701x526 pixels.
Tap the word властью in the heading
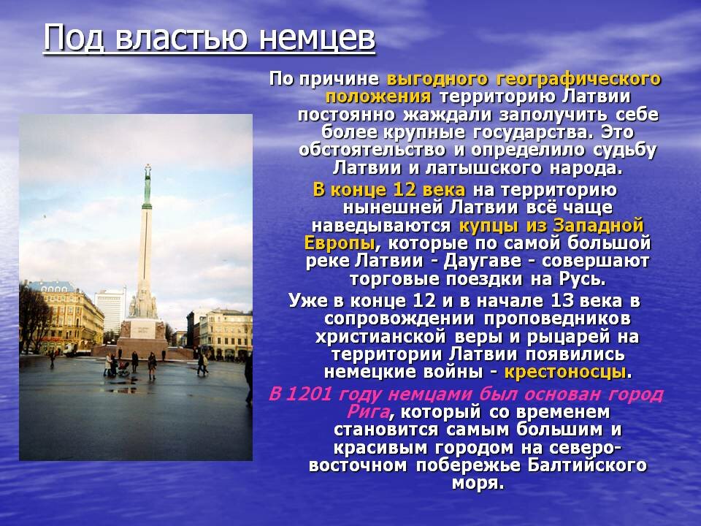tap(182, 37)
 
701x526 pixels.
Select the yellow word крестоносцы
tap(565, 372)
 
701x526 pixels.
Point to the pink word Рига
tap(368, 412)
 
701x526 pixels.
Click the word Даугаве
tap(483, 262)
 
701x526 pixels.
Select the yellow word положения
tap(378, 97)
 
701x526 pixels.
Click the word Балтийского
tap(587, 465)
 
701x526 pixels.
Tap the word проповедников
tap(556, 319)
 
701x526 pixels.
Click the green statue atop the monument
tap(147, 184)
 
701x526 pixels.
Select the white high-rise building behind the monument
tap(110, 310)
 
